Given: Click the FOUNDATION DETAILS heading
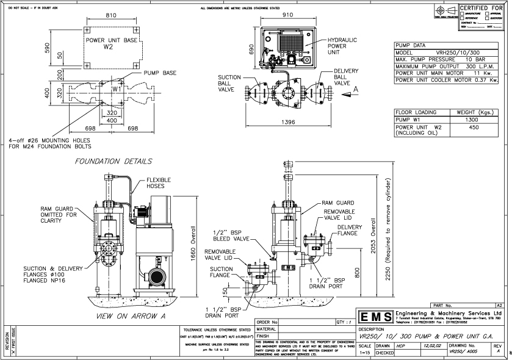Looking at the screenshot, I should (x=114, y=162).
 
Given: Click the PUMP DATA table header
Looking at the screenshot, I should (x=412, y=45).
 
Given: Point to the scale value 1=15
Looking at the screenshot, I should (x=366, y=353).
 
